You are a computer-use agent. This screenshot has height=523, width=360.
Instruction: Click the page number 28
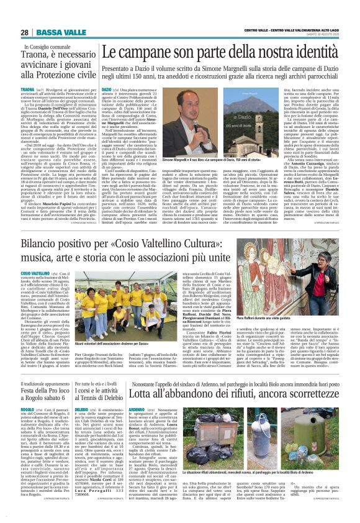[x=24, y=32]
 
